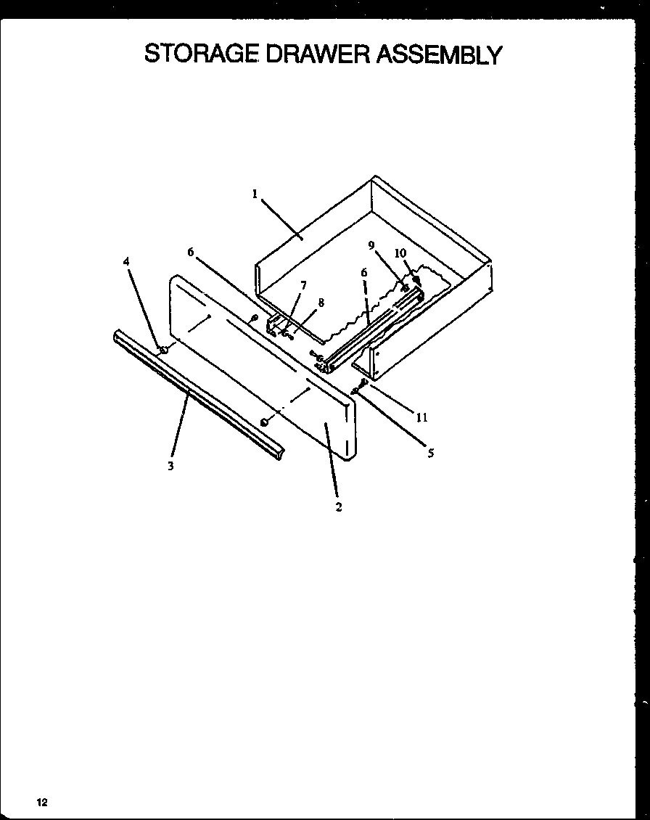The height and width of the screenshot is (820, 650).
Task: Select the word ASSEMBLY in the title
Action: click(x=438, y=54)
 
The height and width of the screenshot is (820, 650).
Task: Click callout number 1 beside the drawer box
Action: click(x=255, y=194)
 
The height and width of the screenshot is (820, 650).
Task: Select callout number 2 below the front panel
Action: click(x=338, y=507)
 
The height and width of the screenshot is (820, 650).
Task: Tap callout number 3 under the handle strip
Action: click(x=170, y=467)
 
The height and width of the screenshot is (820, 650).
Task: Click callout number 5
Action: click(x=430, y=454)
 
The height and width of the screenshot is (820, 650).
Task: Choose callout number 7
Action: click(x=303, y=285)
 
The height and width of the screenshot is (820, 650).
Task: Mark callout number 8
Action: click(x=321, y=303)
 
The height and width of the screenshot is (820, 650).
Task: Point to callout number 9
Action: click(x=371, y=246)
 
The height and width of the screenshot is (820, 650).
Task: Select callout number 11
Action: click(x=421, y=417)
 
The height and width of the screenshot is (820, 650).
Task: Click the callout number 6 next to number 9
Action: click(x=364, y=272)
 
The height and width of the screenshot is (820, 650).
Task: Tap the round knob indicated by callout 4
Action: click(x=164, y=350)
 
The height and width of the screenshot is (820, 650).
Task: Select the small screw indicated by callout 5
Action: click(x=355, y=391)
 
